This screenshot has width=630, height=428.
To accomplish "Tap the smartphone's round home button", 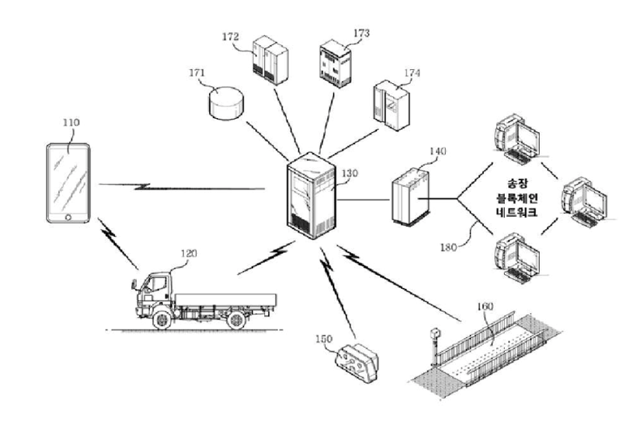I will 68,215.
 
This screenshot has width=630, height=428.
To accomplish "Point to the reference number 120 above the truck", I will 189,253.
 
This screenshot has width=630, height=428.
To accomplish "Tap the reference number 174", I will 412,73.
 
